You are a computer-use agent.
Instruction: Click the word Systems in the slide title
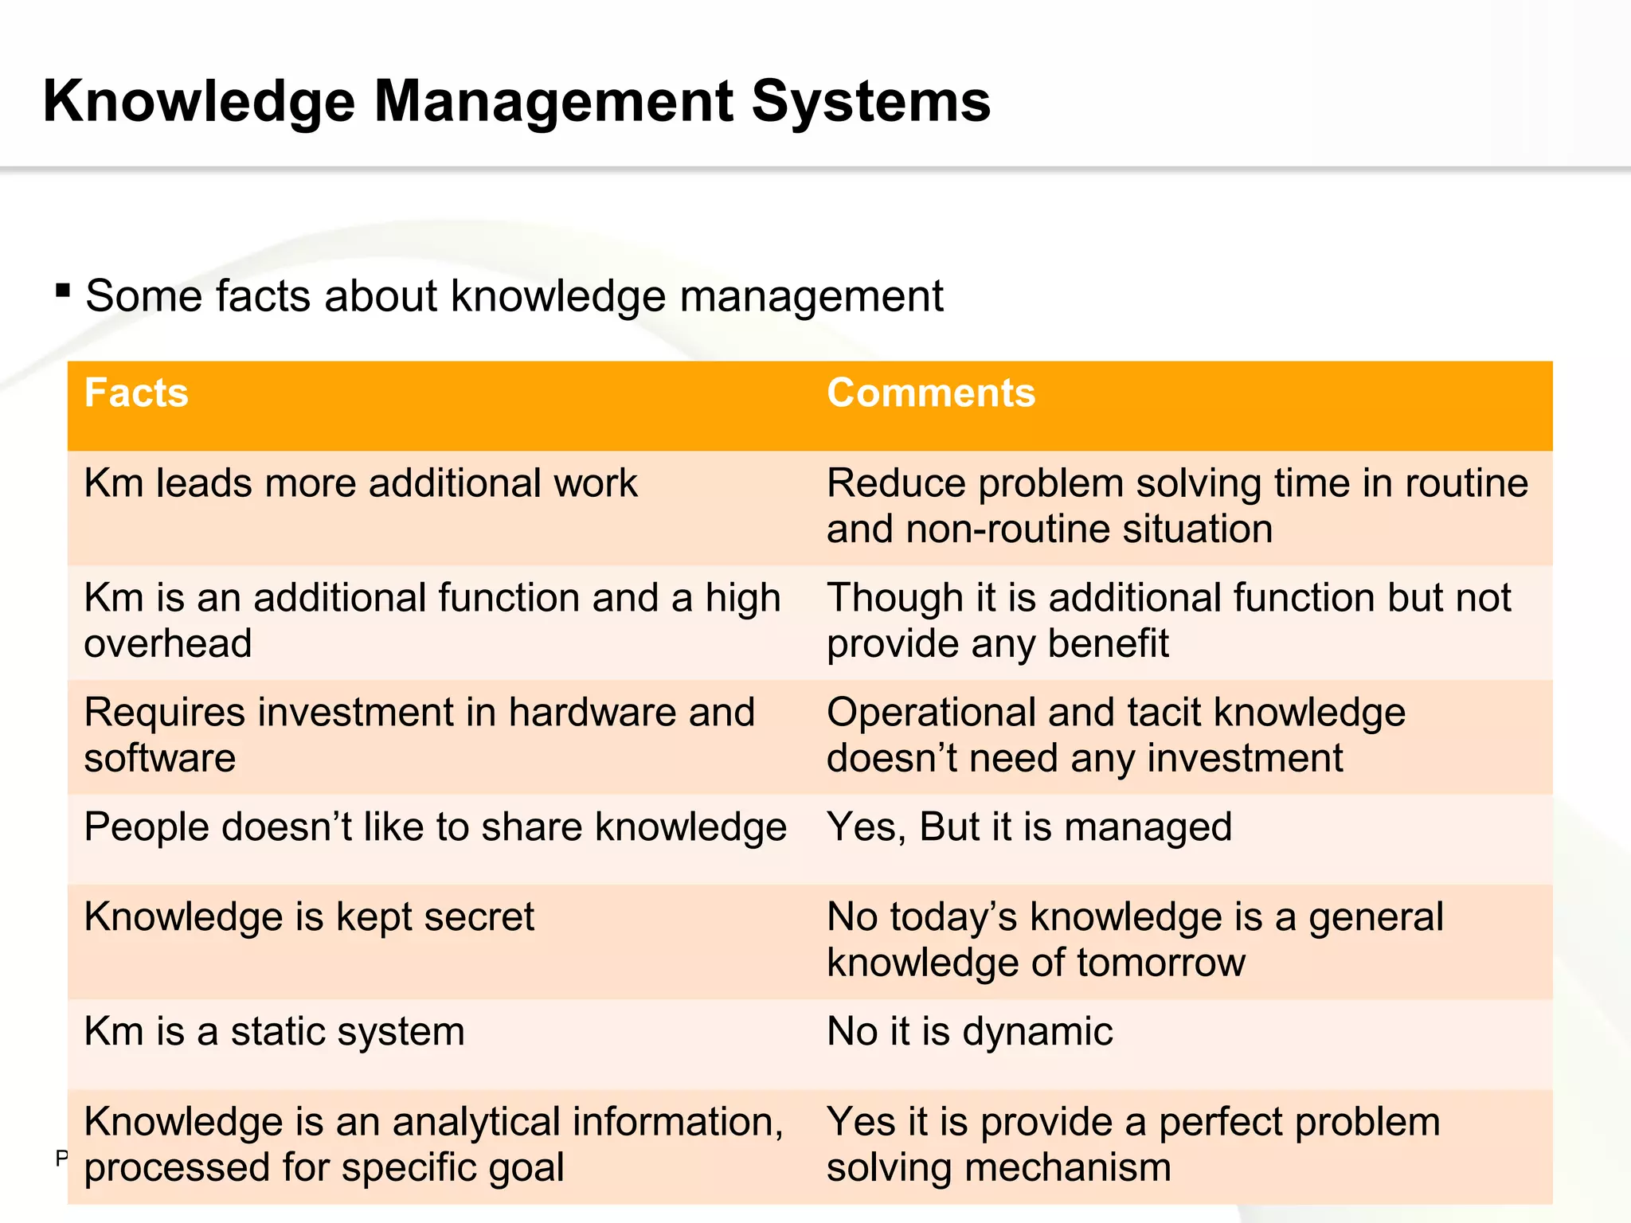pyautogui.click(x=870, y=102)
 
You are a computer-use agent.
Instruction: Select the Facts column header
pyautogui.click(x=136, y=393)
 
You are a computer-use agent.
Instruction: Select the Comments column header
pyautogui.click(x=930, y=393)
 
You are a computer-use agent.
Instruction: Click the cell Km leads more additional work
pyautogui.click(x=360, y=483)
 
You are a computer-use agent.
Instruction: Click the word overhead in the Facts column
pyautogui.click(x=168, y=643)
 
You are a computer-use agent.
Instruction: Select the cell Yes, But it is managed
pyautogui.click(x=1029, y=827)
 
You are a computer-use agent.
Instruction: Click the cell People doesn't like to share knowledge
pyautogui.click(x=435, y=827)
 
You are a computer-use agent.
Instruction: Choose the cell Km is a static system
pyautogui.click(x=274, y=1032)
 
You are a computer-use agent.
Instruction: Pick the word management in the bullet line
pyautogui.click(x=811, y=296)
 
